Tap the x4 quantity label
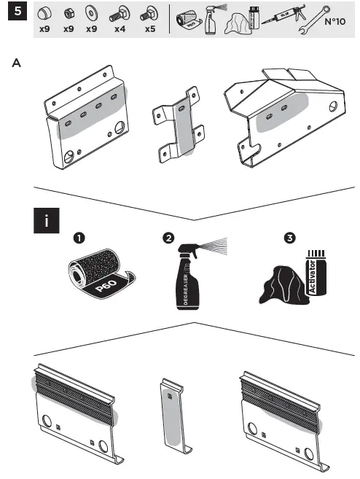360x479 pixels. pyautogui.click(x=119, y=31)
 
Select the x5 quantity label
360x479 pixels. pyautogui.click(x=149, y=31)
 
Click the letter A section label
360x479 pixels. pyautogui.click(x=15, y=63)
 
